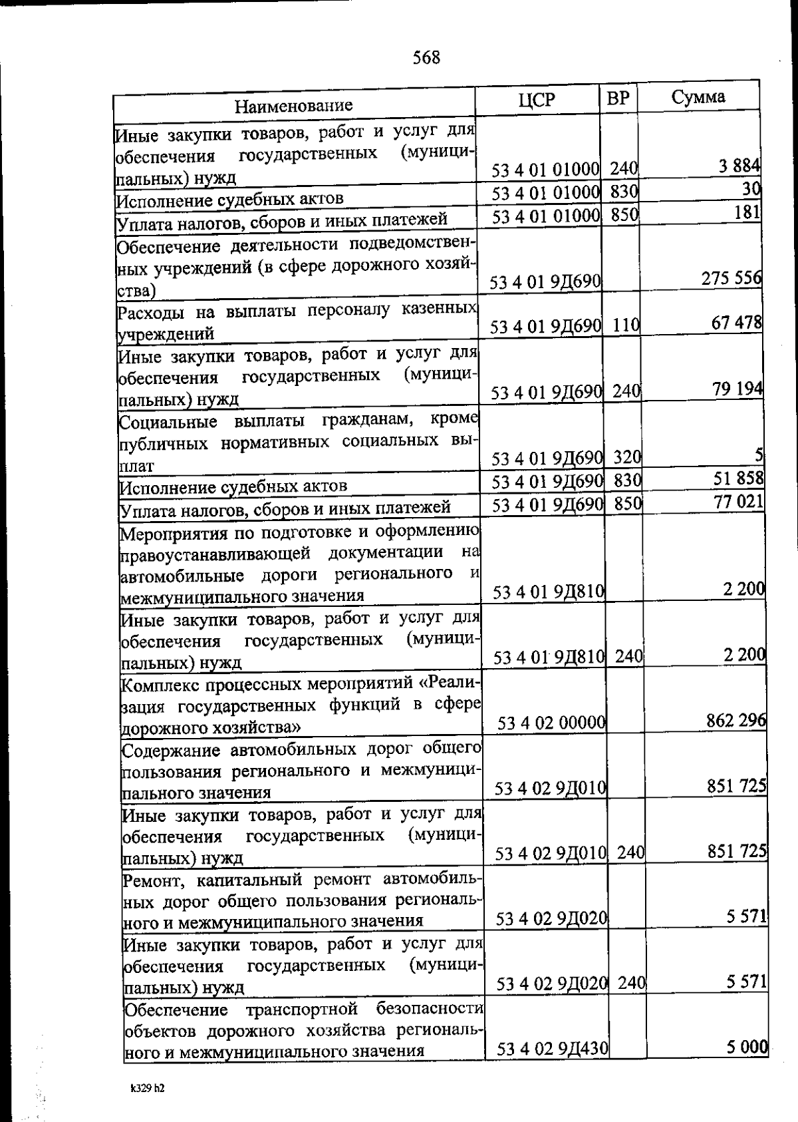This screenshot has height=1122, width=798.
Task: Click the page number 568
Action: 426,58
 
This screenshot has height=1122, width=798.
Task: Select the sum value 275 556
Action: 731,279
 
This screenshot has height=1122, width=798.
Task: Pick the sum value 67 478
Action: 737,323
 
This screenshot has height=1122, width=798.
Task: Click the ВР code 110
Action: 626,325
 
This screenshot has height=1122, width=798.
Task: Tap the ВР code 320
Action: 627,457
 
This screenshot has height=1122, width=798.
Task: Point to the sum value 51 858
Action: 738,478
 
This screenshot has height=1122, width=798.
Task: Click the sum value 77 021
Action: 739,502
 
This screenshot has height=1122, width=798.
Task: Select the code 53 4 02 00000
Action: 551,723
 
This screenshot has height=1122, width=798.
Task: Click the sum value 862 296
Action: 735,720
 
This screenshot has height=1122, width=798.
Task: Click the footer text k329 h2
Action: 147,1089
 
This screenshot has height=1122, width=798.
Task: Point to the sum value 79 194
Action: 737,389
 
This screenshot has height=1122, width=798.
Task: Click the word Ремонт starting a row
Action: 149,880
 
